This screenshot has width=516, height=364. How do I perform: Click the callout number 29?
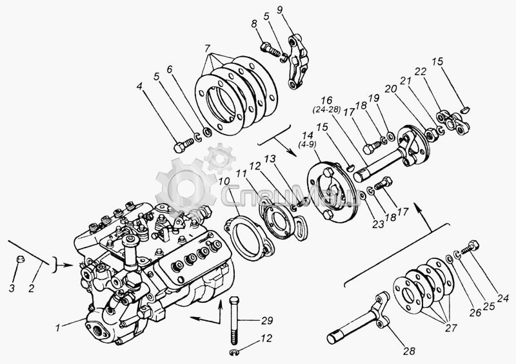(267, 320)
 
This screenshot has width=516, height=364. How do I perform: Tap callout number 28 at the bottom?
(410, 350)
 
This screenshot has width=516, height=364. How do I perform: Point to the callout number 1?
(58, 327)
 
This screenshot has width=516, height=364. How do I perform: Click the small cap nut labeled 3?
(21, 259)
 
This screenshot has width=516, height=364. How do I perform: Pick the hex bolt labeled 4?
(184, 146)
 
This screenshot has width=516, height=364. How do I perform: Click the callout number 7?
(207, 49)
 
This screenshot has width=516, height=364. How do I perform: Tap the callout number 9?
(279, 10)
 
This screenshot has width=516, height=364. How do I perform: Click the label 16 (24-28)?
(326, 104)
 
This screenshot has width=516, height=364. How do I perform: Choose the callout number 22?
(421, 72)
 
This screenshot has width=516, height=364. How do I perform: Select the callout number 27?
(451, 327)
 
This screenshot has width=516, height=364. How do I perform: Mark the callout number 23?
(378, 224)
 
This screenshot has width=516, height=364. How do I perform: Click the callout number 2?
(32, 289)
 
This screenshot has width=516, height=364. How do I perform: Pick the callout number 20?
(391, 89)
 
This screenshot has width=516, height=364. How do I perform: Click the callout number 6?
(170, 70)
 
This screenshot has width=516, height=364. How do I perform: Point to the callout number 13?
(270, 158)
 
